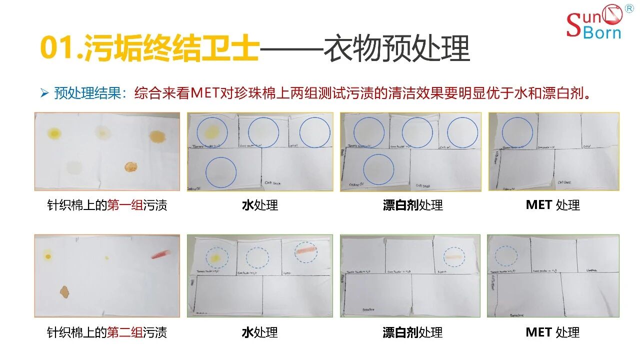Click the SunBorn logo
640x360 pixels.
594,23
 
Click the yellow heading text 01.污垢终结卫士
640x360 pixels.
149,49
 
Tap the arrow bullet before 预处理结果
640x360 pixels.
44,93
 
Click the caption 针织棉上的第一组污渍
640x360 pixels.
107,205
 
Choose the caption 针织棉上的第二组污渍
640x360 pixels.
107,332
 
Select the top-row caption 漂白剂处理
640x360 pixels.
412,205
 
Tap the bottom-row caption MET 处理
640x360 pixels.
552,332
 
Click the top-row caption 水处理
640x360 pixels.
259,205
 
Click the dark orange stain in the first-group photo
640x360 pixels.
130,167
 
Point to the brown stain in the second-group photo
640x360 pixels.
64,291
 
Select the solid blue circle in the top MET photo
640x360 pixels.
517,133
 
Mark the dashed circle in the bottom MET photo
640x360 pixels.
506,255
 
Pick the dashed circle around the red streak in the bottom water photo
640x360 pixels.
305,253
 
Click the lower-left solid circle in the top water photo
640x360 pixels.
220,172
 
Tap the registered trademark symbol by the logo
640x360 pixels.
629,9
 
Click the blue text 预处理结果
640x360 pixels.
87,93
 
